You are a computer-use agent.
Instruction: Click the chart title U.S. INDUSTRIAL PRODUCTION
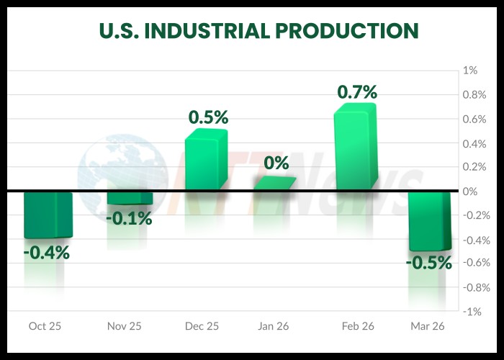click(258, 30)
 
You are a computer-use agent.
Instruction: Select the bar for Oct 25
click(48, 215)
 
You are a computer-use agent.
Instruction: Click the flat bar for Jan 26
click(274, 183)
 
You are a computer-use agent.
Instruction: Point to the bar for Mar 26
click(430, 220)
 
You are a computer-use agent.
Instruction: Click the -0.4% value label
click(46, 253)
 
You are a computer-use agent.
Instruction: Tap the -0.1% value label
click(129, 218)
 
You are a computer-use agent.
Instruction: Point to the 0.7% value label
click(357, 91)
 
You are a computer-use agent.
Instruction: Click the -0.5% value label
click(428, 263)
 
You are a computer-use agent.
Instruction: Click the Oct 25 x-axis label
click(45, 326)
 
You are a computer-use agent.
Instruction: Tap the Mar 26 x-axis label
click(427, 326)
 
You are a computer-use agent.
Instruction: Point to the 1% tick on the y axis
click(470, 71)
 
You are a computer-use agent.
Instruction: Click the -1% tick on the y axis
click(470, 312)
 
